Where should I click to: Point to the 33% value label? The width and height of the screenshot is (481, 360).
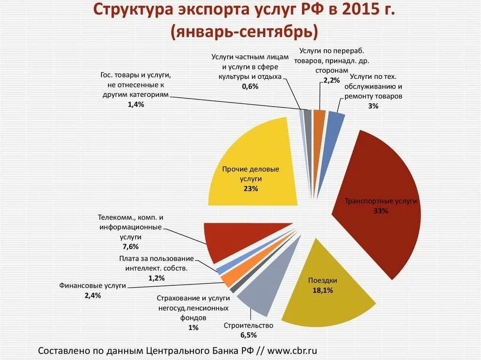point(380,211)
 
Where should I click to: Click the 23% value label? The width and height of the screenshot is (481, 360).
point(250,189)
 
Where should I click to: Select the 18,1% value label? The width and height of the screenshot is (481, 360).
point(323,291)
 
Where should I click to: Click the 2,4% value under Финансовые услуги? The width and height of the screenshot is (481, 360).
point(93,295)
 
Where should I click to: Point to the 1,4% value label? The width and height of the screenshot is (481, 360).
point(135,105)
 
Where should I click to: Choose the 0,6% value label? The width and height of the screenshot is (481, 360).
point(250,86)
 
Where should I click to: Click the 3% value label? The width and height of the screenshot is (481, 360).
point(373,107)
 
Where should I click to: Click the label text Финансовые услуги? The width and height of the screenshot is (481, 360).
point(93,285)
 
